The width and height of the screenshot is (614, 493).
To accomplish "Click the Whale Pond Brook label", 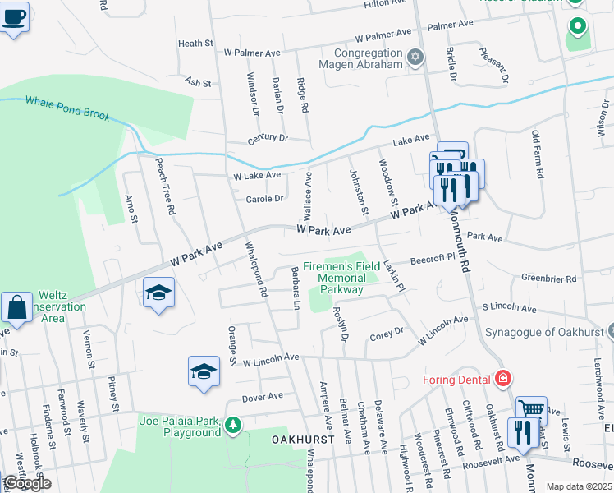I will (x=67, y=108).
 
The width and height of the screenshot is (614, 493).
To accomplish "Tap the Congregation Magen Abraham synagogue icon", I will (x=415, y=56).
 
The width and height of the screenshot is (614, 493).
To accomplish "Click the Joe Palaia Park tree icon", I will (x=234, y=425).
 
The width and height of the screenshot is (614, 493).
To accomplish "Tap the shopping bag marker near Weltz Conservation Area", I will (x=16, y=309).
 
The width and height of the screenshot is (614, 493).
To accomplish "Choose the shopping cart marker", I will (x=532, y=408).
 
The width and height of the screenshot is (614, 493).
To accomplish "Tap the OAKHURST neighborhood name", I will (x=303, y=440).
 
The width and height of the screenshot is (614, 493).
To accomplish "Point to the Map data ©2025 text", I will (x=579, y=486).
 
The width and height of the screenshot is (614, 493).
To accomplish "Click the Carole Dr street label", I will (x=264, y=198).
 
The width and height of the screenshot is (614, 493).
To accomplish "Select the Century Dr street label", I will (x=268, y=138).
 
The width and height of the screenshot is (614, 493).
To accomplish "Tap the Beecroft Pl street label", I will (x=433, y=257).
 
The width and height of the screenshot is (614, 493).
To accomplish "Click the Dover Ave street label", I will (x=262, y=396).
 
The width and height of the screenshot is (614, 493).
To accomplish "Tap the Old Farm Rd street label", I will (x=538, y=155).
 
